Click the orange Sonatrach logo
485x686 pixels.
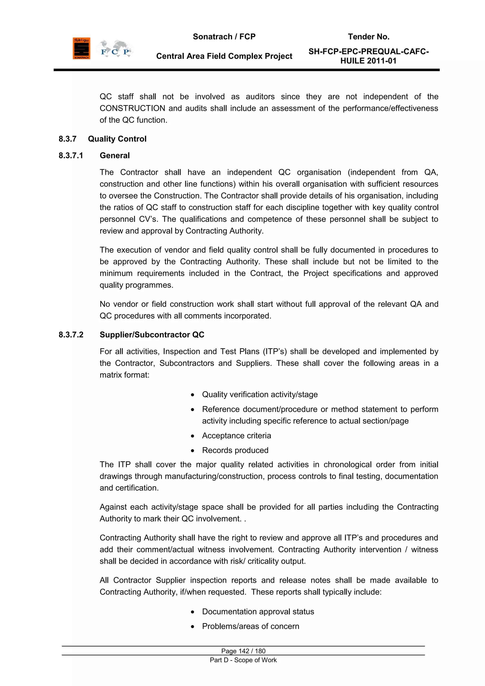[x=81, y=48]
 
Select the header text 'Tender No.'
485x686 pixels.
[x=368, y=37]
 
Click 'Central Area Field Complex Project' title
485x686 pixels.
[x=224, y=56]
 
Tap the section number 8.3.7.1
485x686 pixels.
[x=71, y=155]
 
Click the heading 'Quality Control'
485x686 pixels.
[x=117, y=139]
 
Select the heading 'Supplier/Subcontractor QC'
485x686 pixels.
[x=152, y=335]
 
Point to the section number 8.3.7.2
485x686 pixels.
[x=71, y=335]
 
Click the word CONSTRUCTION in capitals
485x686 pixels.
[x=132, y=108]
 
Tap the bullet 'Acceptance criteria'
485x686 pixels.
[x=236, y=436]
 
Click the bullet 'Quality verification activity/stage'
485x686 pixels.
[x=260, y=394]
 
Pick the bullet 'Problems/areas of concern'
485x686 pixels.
[x=250, y=626]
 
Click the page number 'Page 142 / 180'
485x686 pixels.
[x=243, y=651]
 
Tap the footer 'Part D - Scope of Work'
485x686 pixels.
[x=243, y=660]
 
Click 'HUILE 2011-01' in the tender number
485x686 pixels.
[x=368, y=61]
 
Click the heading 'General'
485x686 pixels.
[x=115, y=155]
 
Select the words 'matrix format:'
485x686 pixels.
[x=124, y=375]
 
